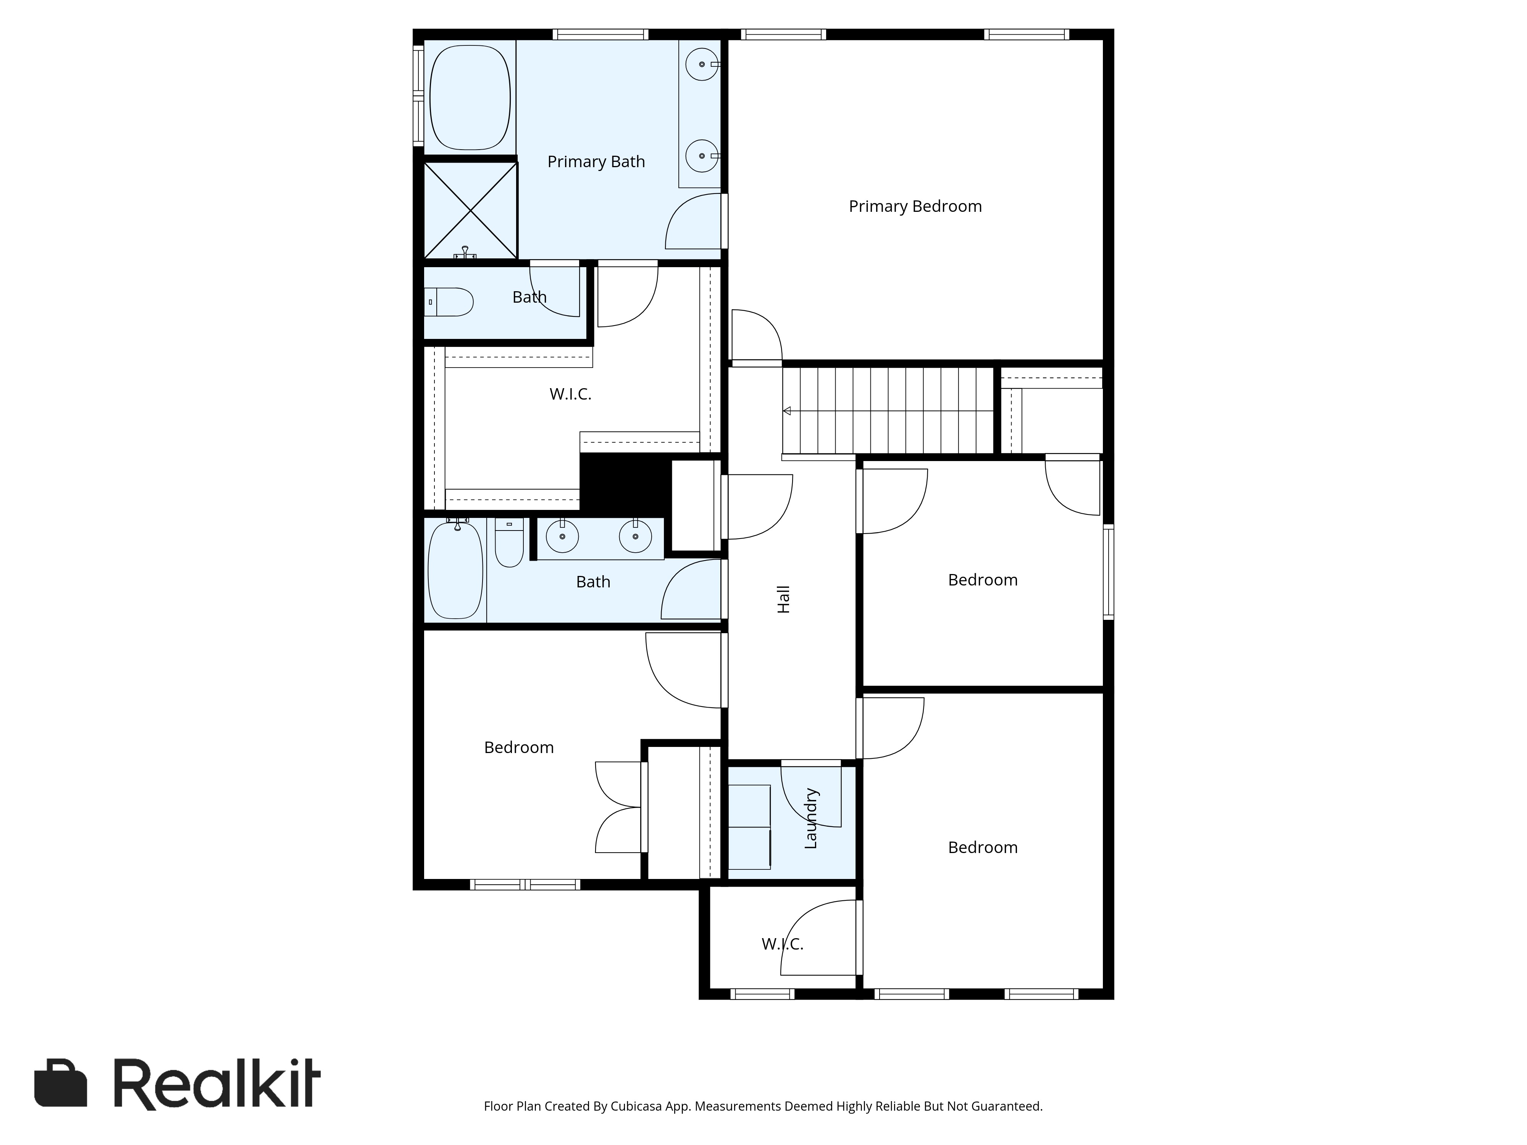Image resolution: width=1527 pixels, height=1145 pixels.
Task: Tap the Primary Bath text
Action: pos(596,161)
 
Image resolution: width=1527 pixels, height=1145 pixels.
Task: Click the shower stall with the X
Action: pos(470,210)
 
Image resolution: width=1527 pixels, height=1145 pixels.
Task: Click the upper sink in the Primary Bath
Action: pos(702,64)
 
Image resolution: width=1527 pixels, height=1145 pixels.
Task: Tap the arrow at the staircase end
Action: pos(786,411)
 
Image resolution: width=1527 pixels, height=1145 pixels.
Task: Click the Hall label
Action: pos(783,599)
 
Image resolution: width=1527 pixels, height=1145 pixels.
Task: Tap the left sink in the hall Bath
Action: pos(563,536)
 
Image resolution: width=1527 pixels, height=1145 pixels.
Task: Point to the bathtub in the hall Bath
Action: pos(455,571)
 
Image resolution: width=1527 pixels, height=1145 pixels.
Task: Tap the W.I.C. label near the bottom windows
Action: pos(782,944)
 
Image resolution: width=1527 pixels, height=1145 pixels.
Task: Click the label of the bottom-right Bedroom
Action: pos(982,848)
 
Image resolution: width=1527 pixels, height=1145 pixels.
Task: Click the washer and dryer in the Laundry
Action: pos(750,826)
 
